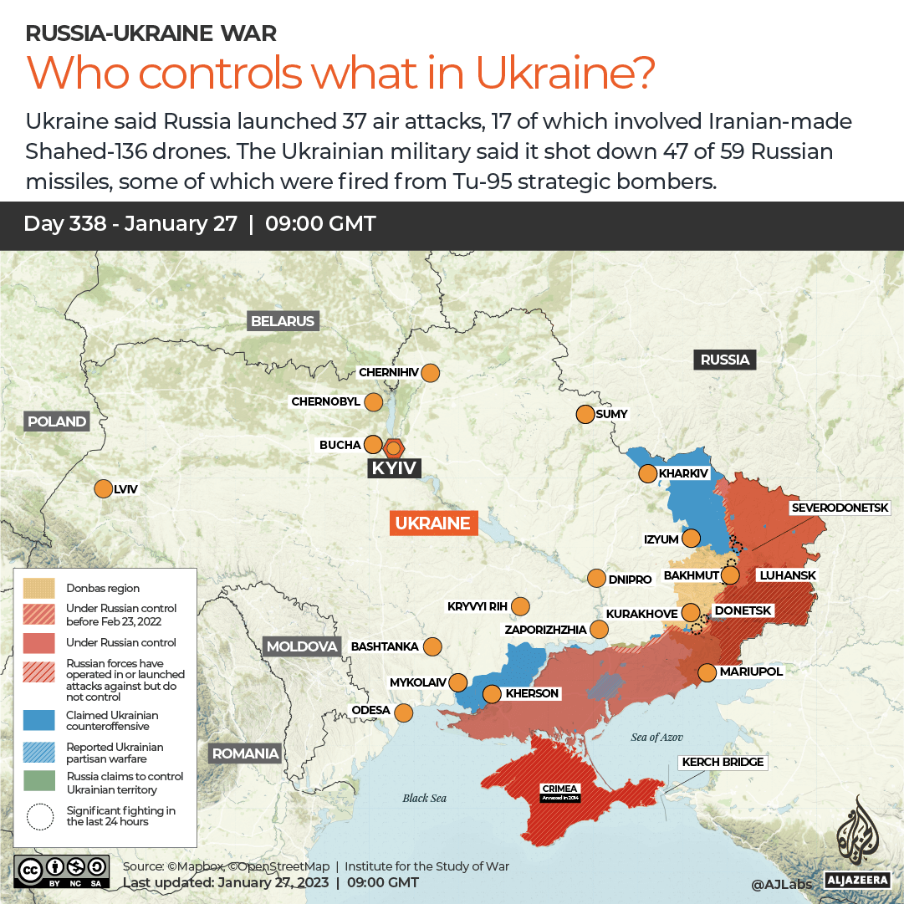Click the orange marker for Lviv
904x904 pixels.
pyautogui.click(x=104, y=489)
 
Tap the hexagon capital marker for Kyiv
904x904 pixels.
pyautogui.click(x=393, y=447)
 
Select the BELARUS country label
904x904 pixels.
pyautogui.click(x=283, y=321)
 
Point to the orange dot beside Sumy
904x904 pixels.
pyautogui.click(x=585, y=414)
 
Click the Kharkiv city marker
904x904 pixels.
pyautogui.click(x=647, y=474)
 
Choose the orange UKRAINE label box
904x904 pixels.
pyautogui.click(x=432, y=524)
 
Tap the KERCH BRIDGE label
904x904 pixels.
pyautogui.click(x=723, y=762)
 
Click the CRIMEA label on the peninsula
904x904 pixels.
pyautogui.click(x=559, y=788)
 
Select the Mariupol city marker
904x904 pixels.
pyautogui.click(x=707, y=672)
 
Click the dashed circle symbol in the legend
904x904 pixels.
pyautogui.click(x=39, y=816)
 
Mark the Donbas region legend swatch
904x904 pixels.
pyautogui.click(x=39, y=588)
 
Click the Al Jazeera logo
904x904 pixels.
pyautogui.click(x=855, y=840)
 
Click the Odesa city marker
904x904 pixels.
pyautogui.click(x=404, y=713)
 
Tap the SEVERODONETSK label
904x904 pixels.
pyautogui.click(x=846, y=508)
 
